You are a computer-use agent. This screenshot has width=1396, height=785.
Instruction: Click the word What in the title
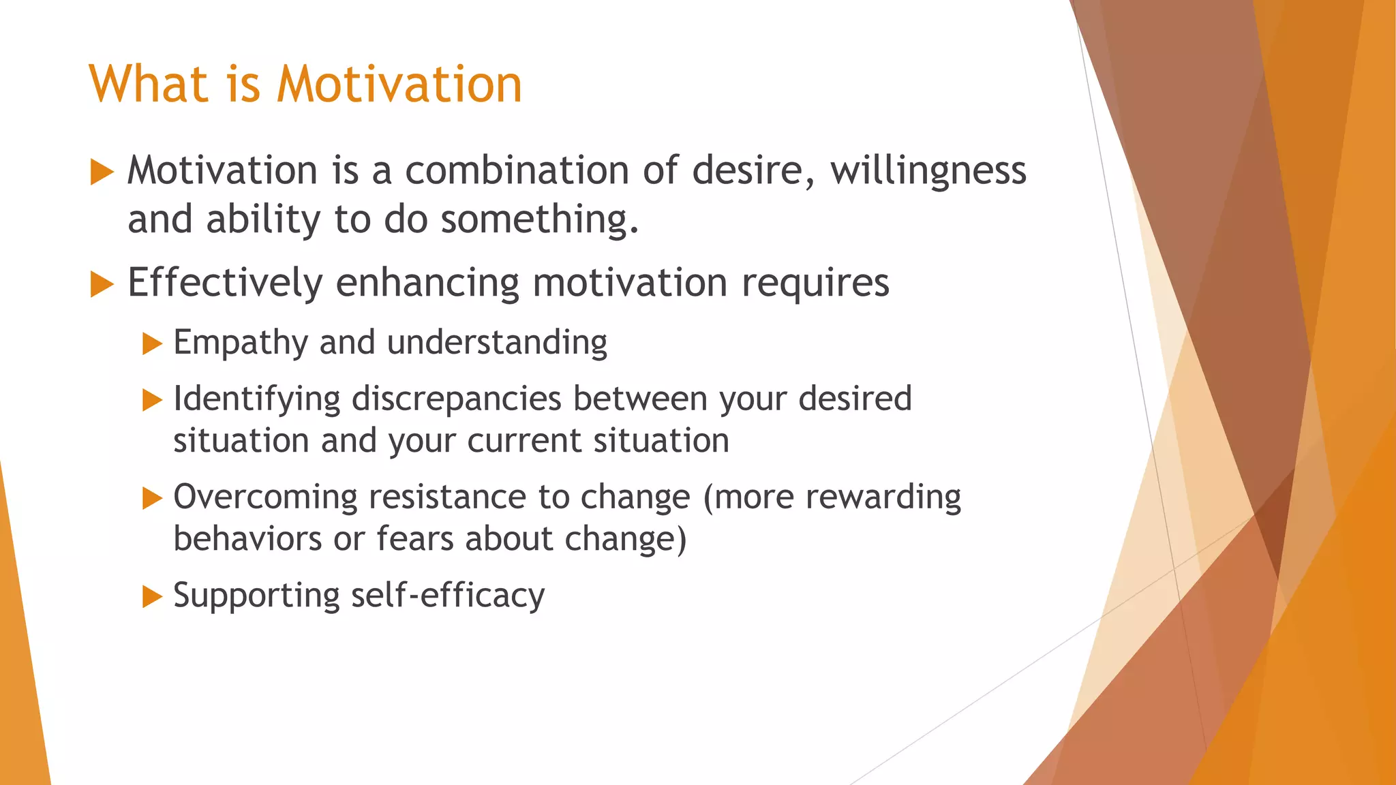click(x=148, y=84)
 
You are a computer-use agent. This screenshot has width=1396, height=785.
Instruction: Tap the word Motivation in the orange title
click(x=399, y=84)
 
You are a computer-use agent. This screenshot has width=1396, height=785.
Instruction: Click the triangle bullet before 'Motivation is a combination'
click(x=102, y=172)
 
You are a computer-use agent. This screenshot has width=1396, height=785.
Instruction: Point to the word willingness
click(x=928, y=170)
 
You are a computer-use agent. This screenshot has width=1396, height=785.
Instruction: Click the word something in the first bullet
click(x=539, y=220)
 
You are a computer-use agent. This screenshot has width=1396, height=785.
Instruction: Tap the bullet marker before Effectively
click(x=102, y=284)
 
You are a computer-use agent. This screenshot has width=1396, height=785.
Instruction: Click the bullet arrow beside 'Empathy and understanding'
click(x=152, y=343)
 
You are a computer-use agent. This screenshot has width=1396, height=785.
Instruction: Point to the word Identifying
click(x=256, y=399)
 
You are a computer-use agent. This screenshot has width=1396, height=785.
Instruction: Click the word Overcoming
click(x=265, y=497)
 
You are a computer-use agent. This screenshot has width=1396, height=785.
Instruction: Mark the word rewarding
click(x=883, y=497)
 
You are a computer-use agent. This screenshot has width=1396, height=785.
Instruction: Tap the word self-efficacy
click(x=448, y=596)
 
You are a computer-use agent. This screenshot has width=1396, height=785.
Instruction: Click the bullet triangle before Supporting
click(x=152, y=597)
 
